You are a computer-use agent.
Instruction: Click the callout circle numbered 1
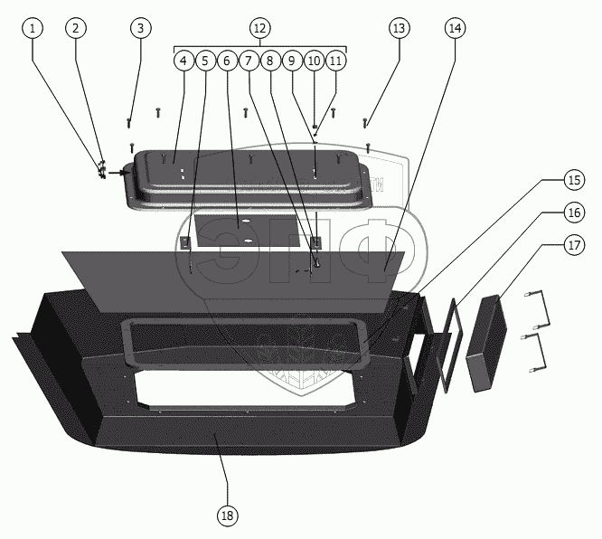click(33, 28)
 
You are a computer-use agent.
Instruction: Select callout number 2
click(76, 28)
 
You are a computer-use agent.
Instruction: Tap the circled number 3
click(140, 28)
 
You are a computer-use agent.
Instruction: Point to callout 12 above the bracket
click(260, 28)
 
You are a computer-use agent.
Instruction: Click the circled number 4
click(183, 61)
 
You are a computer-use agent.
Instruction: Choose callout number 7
click(249, 61)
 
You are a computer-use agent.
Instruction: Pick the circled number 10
click(314, 61)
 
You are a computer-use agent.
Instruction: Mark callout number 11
click(335, 61)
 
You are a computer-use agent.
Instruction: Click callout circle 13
click(400, 28)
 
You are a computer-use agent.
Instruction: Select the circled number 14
click(456, 28)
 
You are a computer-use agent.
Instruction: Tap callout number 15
click(574, 180)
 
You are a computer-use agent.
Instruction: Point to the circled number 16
click(574, 213)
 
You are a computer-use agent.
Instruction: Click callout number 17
click(574, 245)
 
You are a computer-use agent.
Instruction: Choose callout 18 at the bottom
click(227, 515)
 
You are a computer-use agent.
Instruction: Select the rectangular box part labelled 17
click(486, 343)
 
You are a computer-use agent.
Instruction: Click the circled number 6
click(227, 61)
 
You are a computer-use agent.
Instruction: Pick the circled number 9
click(292, 61)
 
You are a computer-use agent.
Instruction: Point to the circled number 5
click(205, 61)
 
